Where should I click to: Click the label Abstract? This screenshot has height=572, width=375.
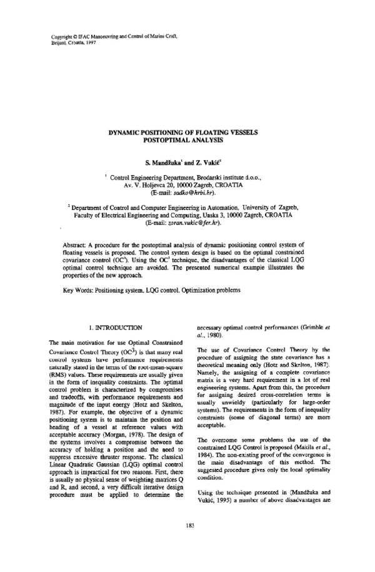[77, 244]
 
